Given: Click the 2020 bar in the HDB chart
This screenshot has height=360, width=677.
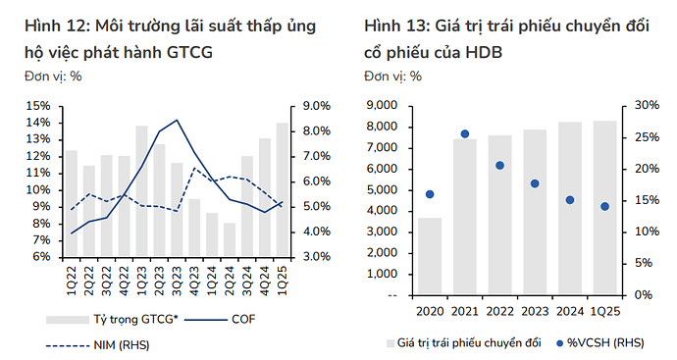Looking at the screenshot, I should point(429,256).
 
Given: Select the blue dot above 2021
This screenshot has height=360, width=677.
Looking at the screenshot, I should point(464,134).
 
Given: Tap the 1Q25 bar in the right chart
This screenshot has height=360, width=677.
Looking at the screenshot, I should point(605,207).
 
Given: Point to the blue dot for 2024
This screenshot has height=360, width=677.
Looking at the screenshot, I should point(570,200).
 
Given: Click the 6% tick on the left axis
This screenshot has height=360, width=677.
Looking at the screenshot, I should point(41,257).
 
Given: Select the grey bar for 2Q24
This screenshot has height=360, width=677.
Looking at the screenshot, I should point(230,239).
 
